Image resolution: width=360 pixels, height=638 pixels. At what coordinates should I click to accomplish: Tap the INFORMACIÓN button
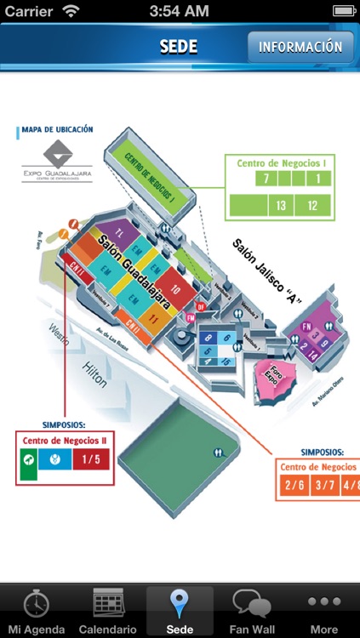pyautogui.click(x=300, y=48)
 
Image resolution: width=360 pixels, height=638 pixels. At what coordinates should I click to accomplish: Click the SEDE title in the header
pyautogui.click(x=180, y=48)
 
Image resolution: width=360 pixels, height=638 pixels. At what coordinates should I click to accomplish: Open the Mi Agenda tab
pyautogui.click(x=36, y=611)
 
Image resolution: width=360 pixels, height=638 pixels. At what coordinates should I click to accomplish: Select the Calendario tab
pyautogui.click(x=107, y=611)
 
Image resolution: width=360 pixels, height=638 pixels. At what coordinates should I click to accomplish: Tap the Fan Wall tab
pyautogui.click(x=252, y=611)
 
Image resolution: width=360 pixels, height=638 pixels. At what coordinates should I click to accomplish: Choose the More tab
pyautogui.click(x=323, y=611)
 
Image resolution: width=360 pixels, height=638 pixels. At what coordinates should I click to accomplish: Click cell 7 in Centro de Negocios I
pyautogui.click(x=266, y=179)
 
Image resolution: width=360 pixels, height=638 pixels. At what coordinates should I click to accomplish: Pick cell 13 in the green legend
pyautogui.click(x=280, y=205)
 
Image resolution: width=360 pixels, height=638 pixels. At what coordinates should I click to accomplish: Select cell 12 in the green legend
pyautogui.click(x=313, y=205)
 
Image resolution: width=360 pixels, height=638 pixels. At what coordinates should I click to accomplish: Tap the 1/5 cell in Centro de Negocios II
pyautogui.click(x=91, y=461)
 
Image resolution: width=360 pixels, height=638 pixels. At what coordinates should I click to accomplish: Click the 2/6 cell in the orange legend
pyautogui.click(x=295, y=486)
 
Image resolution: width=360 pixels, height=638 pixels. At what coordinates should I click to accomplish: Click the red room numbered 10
pyautogui.click(x=174, y=288)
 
